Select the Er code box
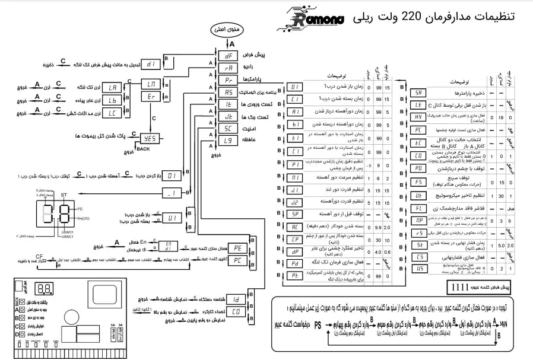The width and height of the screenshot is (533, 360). [x=151, y=95]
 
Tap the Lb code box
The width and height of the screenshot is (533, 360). [x=112, y=100]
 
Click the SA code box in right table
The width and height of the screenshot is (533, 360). [x=418, y=93]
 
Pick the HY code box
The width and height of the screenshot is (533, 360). [x=418, y=117]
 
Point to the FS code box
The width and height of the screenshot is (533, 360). [x=418, y=182]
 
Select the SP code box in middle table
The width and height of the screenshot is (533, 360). [x=295, y=214]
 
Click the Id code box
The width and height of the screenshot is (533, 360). [x=236, y=300]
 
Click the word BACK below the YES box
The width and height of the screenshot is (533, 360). [x=143, y=149]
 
